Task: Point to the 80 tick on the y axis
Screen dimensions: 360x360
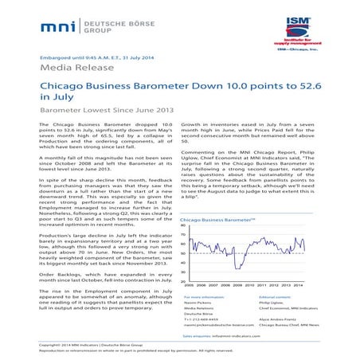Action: tap(184, 225)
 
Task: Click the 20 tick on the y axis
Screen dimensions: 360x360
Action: tap(184, 281)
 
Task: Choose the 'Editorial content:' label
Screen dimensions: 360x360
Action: tap(277, 295)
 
